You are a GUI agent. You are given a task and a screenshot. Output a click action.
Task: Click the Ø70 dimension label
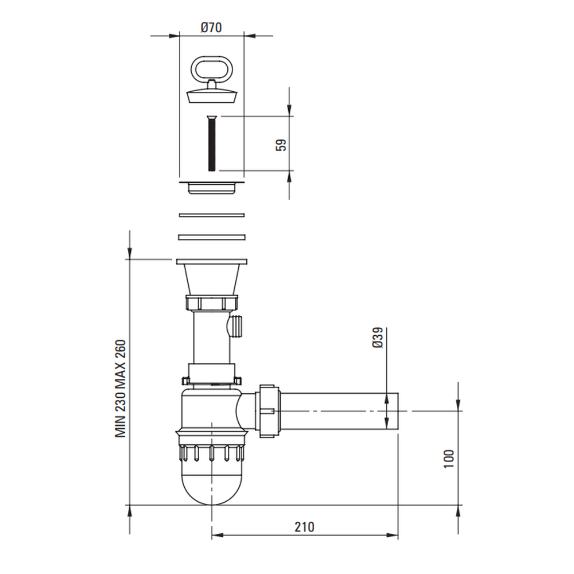click(211, 28)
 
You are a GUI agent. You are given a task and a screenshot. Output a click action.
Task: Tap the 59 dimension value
click(281, 145)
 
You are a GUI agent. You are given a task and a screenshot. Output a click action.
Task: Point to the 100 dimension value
click(448, 458)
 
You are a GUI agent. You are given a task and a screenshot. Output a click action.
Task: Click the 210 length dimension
click(304, 527)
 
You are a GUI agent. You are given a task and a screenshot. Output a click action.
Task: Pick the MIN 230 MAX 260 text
click(121, 389)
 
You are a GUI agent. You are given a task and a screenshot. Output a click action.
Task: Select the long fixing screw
click(212, 143)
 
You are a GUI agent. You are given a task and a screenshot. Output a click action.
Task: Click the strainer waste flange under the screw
click(212, 188)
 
